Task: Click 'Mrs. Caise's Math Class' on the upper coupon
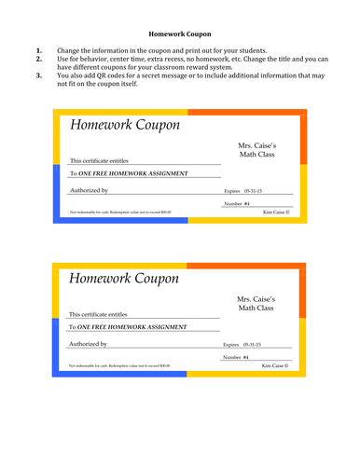[x=256, y=152]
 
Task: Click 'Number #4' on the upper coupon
[x=237, y=203]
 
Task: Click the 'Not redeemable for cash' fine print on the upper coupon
[x=119, y=212]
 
